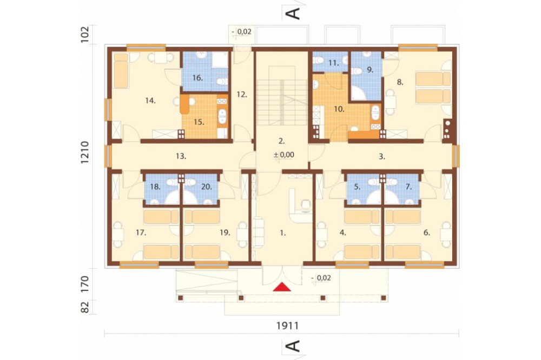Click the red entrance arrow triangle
pos(282,287)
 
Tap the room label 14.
pos(150,101)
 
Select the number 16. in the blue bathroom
pos(197,78)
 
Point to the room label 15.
pos(199,122)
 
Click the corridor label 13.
pos(181,156)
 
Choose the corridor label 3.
pos(381,157)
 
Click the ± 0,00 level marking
pos(284,155)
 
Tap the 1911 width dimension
pos(287,325)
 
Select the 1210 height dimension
pos(85,152)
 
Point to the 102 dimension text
pos(85,35)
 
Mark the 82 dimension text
pos(85,307)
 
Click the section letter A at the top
pos(294,13)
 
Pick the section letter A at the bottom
pos(294,346)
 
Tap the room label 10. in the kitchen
pos(339,109)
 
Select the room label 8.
pos(400,82)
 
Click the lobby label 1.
pos(283,233)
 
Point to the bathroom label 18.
pos(155,187)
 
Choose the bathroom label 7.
pos(408,187)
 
